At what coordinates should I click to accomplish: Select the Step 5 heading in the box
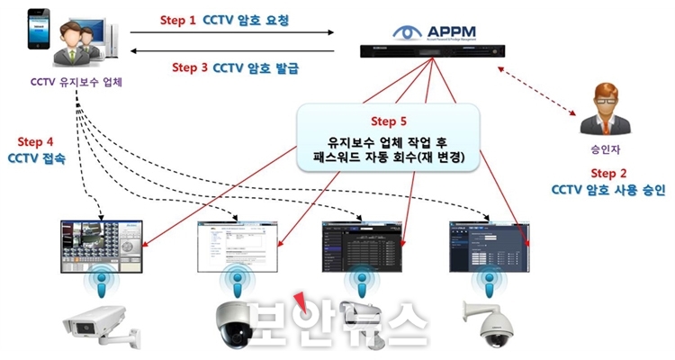[x=389, y=121]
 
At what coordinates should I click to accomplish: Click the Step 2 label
[x=607, y=172]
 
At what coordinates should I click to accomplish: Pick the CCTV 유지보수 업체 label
[x=75, y=84]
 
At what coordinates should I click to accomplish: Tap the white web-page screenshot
[x=237, y=246]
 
